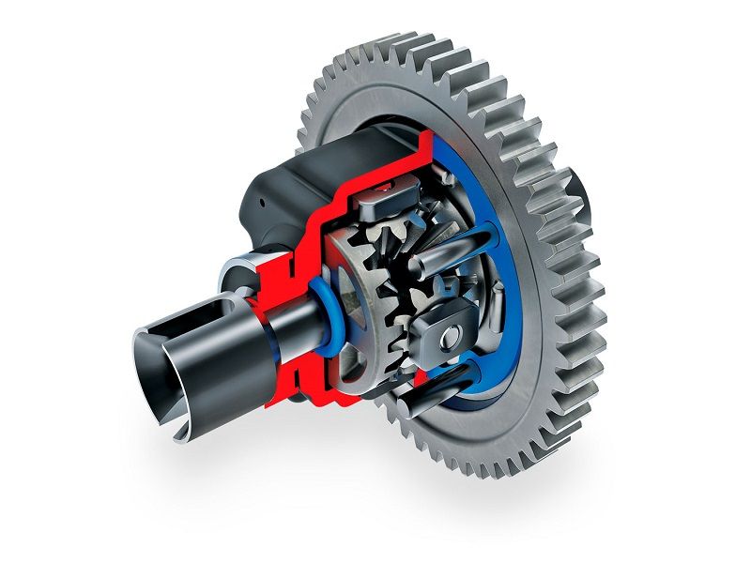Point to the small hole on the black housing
[x=255, y=200]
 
